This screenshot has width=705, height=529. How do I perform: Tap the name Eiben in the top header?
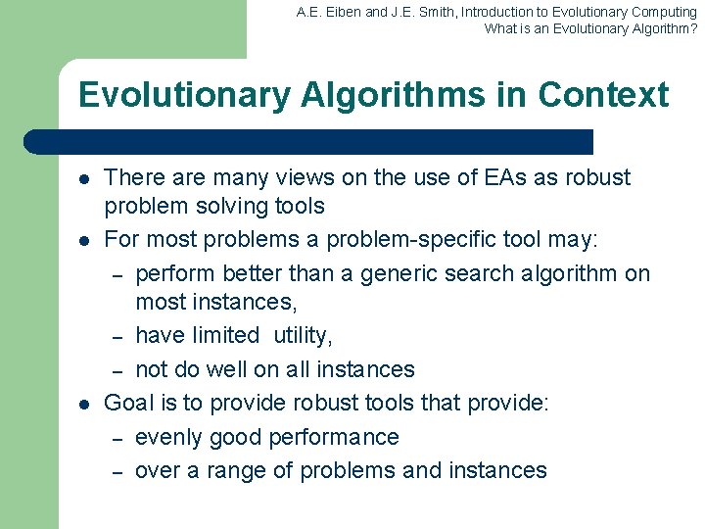point(341,12)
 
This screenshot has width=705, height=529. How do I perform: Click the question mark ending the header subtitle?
point(693,28)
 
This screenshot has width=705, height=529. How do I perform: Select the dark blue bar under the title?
point(308,142)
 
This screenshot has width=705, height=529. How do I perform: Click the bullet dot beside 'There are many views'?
point(85,179)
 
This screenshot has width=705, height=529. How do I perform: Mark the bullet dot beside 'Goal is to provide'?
point(85,404)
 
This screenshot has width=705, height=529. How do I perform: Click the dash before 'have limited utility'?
point(116,336)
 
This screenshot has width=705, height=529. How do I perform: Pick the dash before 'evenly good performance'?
point(116,438)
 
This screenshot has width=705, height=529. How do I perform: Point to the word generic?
point(399,273)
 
